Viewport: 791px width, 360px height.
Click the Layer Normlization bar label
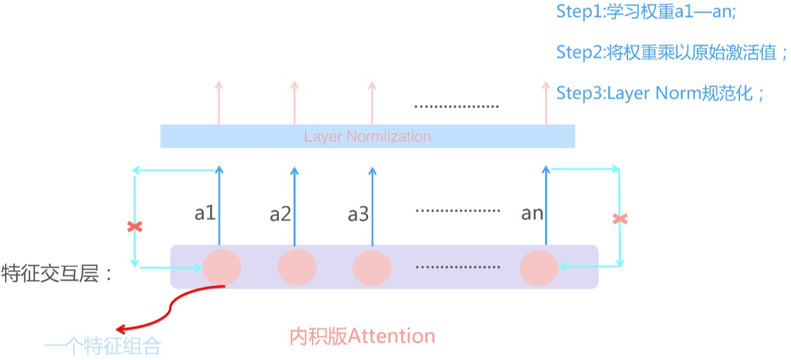pyautogui.click(x=367, y=136)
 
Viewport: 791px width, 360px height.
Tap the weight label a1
pyautogui.click(x=205, y=213)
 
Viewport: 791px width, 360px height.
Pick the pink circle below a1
pyautogui.click(x=222, y=268)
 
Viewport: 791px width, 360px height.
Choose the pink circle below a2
pyautogui.click(x=297, y=268)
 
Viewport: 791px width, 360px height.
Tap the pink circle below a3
pyautogui.click(x=372, y=268)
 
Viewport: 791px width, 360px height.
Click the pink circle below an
pyautogui.click(x=539, y=268)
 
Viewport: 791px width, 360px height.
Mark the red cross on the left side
pyautogui.click(x=134, y=226)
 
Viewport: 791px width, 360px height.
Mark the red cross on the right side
pyautogui.click(x=620, y=219)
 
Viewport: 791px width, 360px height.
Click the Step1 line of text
pyautogui.click(x=646, y=11)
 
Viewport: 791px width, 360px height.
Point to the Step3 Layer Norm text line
pyautogui.click(x=660, y=93)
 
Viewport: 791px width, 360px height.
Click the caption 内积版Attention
pyautogui.click(x=362, y=336)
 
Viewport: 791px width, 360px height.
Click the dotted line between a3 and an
pyautogui.click(x=457, y=210)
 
